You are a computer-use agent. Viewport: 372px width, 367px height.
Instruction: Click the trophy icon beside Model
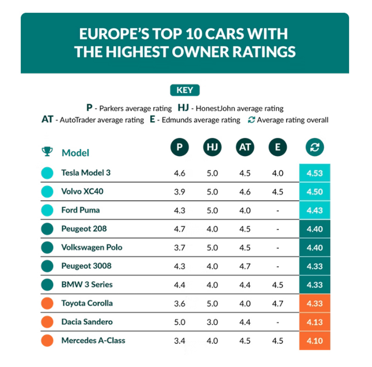(x=47, y=151)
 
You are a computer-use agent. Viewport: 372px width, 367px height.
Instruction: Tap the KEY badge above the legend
(x=185, y=90)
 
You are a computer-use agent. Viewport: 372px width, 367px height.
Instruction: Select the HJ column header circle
(x=212, y=148)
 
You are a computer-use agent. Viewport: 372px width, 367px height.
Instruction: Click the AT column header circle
(x=245, y=148)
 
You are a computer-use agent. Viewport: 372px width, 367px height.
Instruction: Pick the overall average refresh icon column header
(x=315, y=148)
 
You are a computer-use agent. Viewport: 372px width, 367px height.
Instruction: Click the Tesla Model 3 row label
(x=86, y=173)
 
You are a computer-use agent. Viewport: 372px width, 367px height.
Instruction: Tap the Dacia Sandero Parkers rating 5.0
(x=179, y=322)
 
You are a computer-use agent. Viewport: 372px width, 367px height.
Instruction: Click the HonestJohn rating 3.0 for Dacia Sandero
(x=212, y=322)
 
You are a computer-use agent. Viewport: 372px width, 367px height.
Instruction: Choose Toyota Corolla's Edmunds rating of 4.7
(x=278, y=303)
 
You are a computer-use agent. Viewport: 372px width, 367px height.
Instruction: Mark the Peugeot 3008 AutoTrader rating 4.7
(x=245, y=266)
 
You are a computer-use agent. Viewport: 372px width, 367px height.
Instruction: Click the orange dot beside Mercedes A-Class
(x=47, y=341)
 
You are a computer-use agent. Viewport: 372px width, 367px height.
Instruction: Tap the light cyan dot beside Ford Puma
(x=47, y=210)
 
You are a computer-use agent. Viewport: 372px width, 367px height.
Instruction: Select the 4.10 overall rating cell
(x=315, y=341)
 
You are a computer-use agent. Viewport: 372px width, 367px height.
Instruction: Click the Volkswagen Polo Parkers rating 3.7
(x=179, y=248)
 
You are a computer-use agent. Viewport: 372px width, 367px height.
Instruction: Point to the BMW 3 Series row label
(x=86, y=284)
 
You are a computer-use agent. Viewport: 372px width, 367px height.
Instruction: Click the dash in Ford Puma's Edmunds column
(x=278, y=210)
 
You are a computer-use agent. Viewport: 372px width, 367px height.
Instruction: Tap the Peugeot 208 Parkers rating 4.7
(x=179, y=229)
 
